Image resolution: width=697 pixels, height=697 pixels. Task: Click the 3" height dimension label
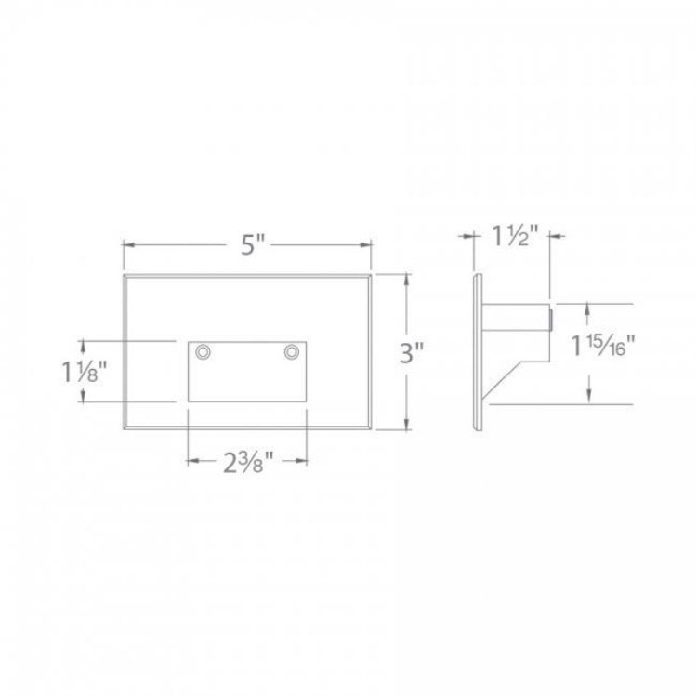(413, 353)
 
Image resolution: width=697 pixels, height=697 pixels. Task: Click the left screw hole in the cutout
(203, 351)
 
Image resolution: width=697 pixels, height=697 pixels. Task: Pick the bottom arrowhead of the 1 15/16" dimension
(587, 399)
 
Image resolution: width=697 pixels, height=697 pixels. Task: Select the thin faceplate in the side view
(479, 353)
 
